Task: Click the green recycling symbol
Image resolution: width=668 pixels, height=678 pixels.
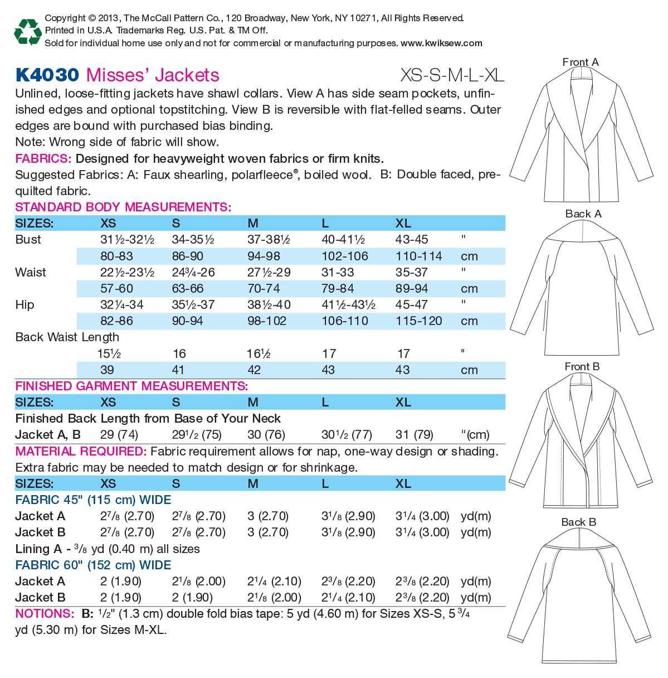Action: click(27, 31)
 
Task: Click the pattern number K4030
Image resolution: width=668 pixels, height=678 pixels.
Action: click(47, 75)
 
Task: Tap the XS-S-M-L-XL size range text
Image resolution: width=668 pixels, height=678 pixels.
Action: click(452, 75)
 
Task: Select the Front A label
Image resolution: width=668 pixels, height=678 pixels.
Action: click(580, 62)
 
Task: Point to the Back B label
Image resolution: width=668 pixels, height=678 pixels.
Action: click(578, 522)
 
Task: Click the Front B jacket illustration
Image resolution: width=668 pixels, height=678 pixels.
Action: click(580, 440)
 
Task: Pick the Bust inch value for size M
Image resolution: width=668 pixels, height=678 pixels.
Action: click(269, 240)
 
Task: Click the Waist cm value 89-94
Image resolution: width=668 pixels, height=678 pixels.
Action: click(412, 288)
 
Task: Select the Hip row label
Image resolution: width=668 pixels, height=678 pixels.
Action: click(25, 304)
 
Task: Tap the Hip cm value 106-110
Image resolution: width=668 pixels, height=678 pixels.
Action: click(345, 321)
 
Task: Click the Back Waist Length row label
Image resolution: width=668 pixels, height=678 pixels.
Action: click(67, 337)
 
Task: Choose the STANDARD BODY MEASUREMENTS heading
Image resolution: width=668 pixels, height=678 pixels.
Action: click(123, 207)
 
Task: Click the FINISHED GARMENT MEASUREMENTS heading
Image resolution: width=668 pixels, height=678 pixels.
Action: click(131, 386)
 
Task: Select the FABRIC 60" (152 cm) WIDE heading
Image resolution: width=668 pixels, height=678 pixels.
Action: click(93, 565)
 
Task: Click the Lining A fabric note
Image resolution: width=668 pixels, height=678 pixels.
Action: click(108, 549)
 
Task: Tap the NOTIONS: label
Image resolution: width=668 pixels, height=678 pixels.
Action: click(44, 613)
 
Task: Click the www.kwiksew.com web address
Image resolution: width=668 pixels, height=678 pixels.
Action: click(441, 43)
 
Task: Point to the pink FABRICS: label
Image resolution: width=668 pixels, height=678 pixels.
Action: click(43, 158)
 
